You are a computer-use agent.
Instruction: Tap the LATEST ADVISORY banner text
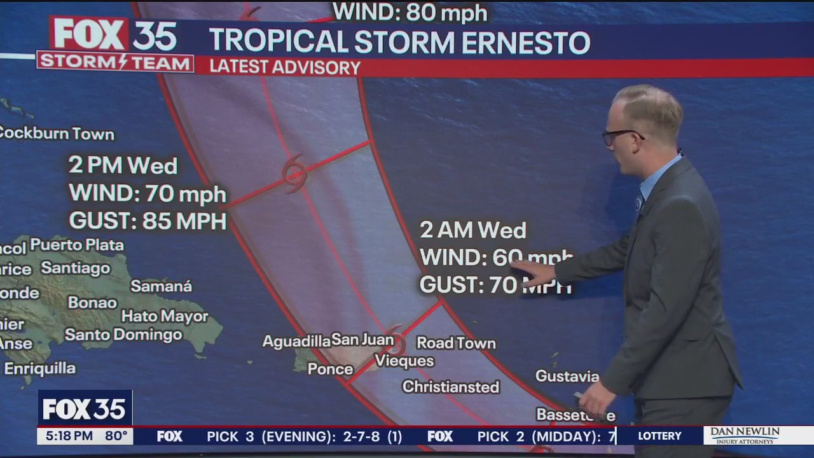pos(285,67)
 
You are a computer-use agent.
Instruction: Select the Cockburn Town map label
pos(56,134)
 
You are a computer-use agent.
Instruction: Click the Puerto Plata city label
pos(77,245)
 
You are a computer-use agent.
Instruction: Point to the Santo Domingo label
pos(123,335)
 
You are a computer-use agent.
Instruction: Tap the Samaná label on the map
pos(161,286)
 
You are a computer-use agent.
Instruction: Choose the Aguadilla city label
pos(296,342)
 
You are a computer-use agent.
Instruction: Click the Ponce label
pos(330,369)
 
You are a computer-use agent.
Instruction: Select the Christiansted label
pos(451,387)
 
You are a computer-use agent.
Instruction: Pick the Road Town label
pos(456,343)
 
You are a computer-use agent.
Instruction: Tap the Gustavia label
pos(567,376)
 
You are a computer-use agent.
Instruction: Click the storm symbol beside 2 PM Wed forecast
pos(294,172)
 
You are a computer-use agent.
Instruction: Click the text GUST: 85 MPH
pos(148,221)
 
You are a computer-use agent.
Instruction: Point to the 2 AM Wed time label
pos(473,230)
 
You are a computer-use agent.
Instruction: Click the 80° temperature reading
pos(116,436)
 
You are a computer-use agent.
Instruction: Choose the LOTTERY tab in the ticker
pos(659,436)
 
